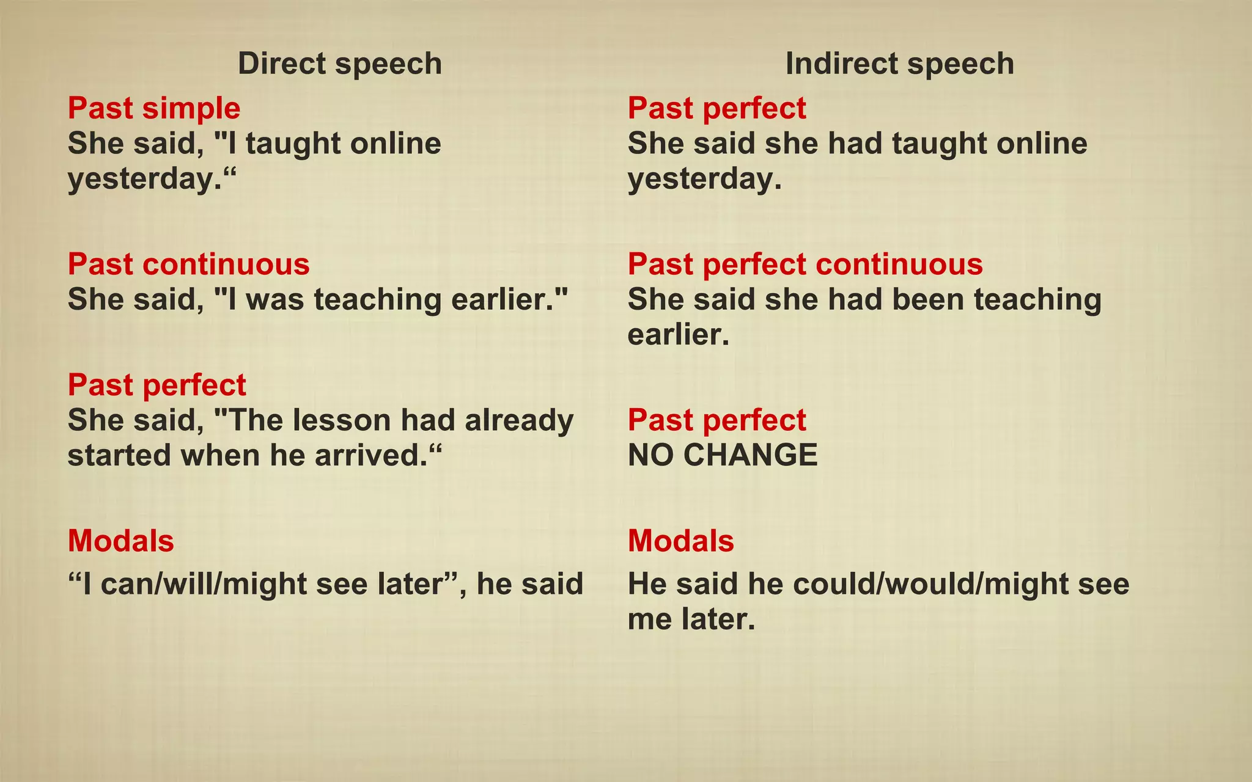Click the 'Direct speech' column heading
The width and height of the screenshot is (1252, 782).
339,64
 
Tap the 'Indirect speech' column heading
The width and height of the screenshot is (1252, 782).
899,64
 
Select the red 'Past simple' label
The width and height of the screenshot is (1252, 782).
154,108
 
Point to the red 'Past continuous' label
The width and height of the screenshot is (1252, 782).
188,264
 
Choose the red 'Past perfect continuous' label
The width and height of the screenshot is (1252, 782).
805,264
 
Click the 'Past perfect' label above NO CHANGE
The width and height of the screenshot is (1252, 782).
716,420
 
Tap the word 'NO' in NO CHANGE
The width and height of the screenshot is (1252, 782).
650,455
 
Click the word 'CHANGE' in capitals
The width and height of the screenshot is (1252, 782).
750,455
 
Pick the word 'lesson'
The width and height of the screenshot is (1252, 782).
340,420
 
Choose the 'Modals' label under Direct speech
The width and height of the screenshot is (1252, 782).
121,541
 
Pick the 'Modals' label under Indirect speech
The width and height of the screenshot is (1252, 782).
681,541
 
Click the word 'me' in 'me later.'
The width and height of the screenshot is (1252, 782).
649,619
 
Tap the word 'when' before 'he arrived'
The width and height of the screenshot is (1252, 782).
220,455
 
